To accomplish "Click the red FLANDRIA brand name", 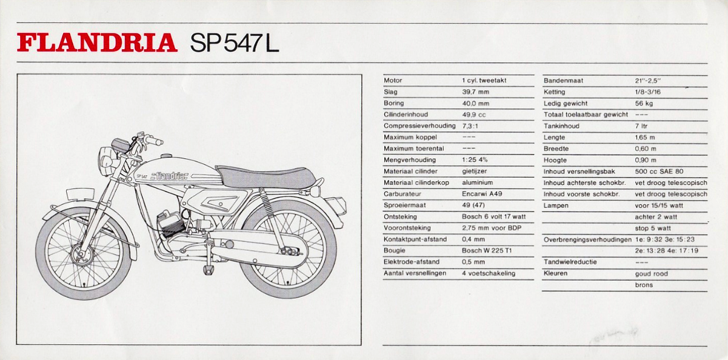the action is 97,42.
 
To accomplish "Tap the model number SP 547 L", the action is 235,42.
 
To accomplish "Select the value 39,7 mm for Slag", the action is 475,92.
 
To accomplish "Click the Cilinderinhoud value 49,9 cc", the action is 474,115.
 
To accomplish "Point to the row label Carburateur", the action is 402,194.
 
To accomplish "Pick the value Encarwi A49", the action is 482,194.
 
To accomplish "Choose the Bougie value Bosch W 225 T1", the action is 487,250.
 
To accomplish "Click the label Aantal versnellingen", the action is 415,273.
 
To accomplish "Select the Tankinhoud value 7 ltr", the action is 641,126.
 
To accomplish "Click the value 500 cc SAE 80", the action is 659,172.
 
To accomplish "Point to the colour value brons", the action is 644,285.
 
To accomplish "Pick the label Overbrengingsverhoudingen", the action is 587,240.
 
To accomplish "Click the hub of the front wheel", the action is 81,255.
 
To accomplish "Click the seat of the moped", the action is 265,176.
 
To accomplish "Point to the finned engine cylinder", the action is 170,224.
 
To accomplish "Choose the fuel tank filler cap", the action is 167,156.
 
